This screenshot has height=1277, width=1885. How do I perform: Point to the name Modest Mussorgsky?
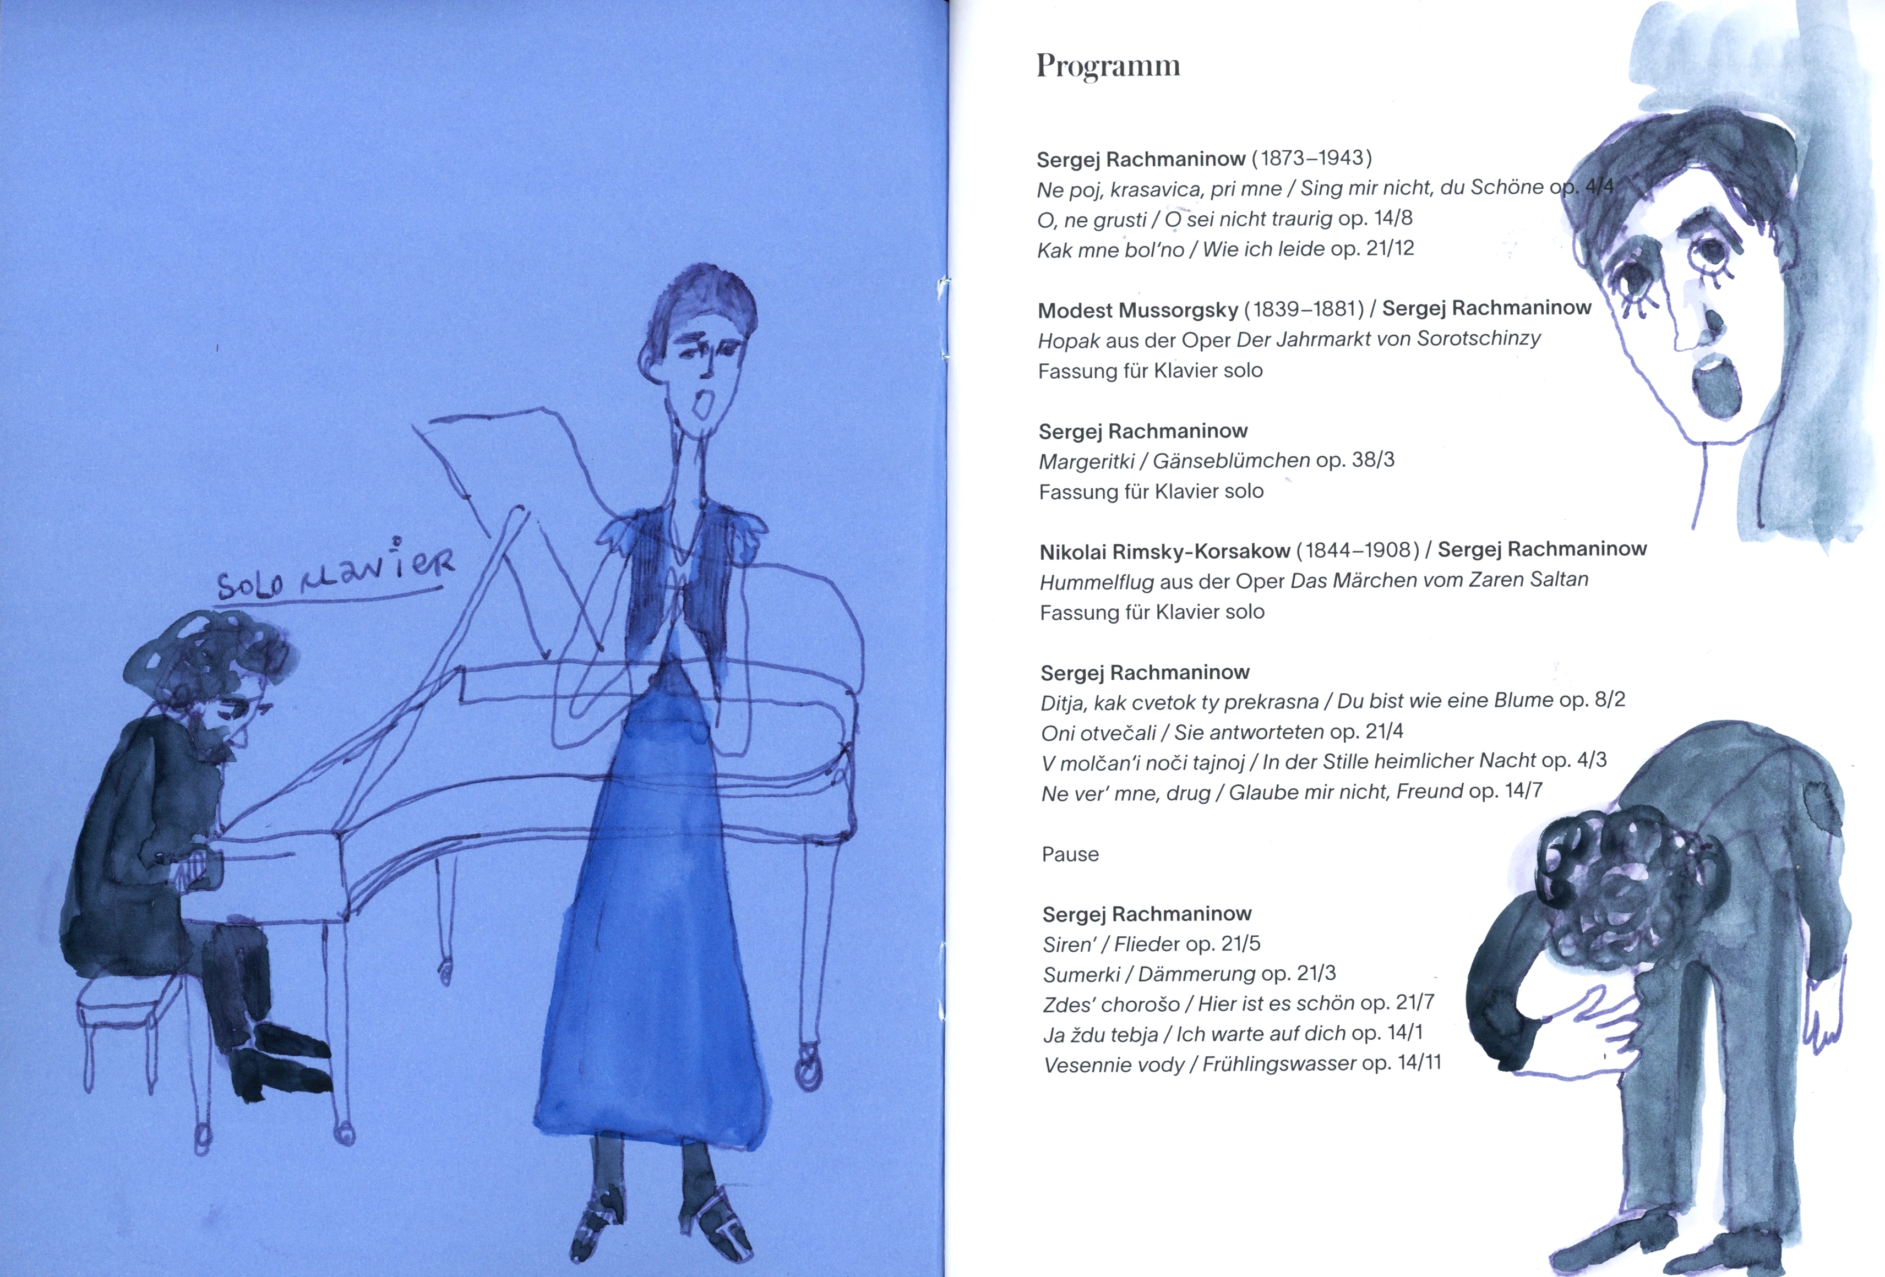[x=1138, y=310]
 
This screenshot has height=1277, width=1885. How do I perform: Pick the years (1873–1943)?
[x=1311, y=157]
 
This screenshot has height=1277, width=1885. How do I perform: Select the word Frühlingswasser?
[x=1279, y=1064]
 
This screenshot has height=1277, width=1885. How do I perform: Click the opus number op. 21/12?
[x=1372, y=249]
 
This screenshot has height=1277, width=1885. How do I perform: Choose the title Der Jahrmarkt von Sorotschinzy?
[x=1388, y=339]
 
